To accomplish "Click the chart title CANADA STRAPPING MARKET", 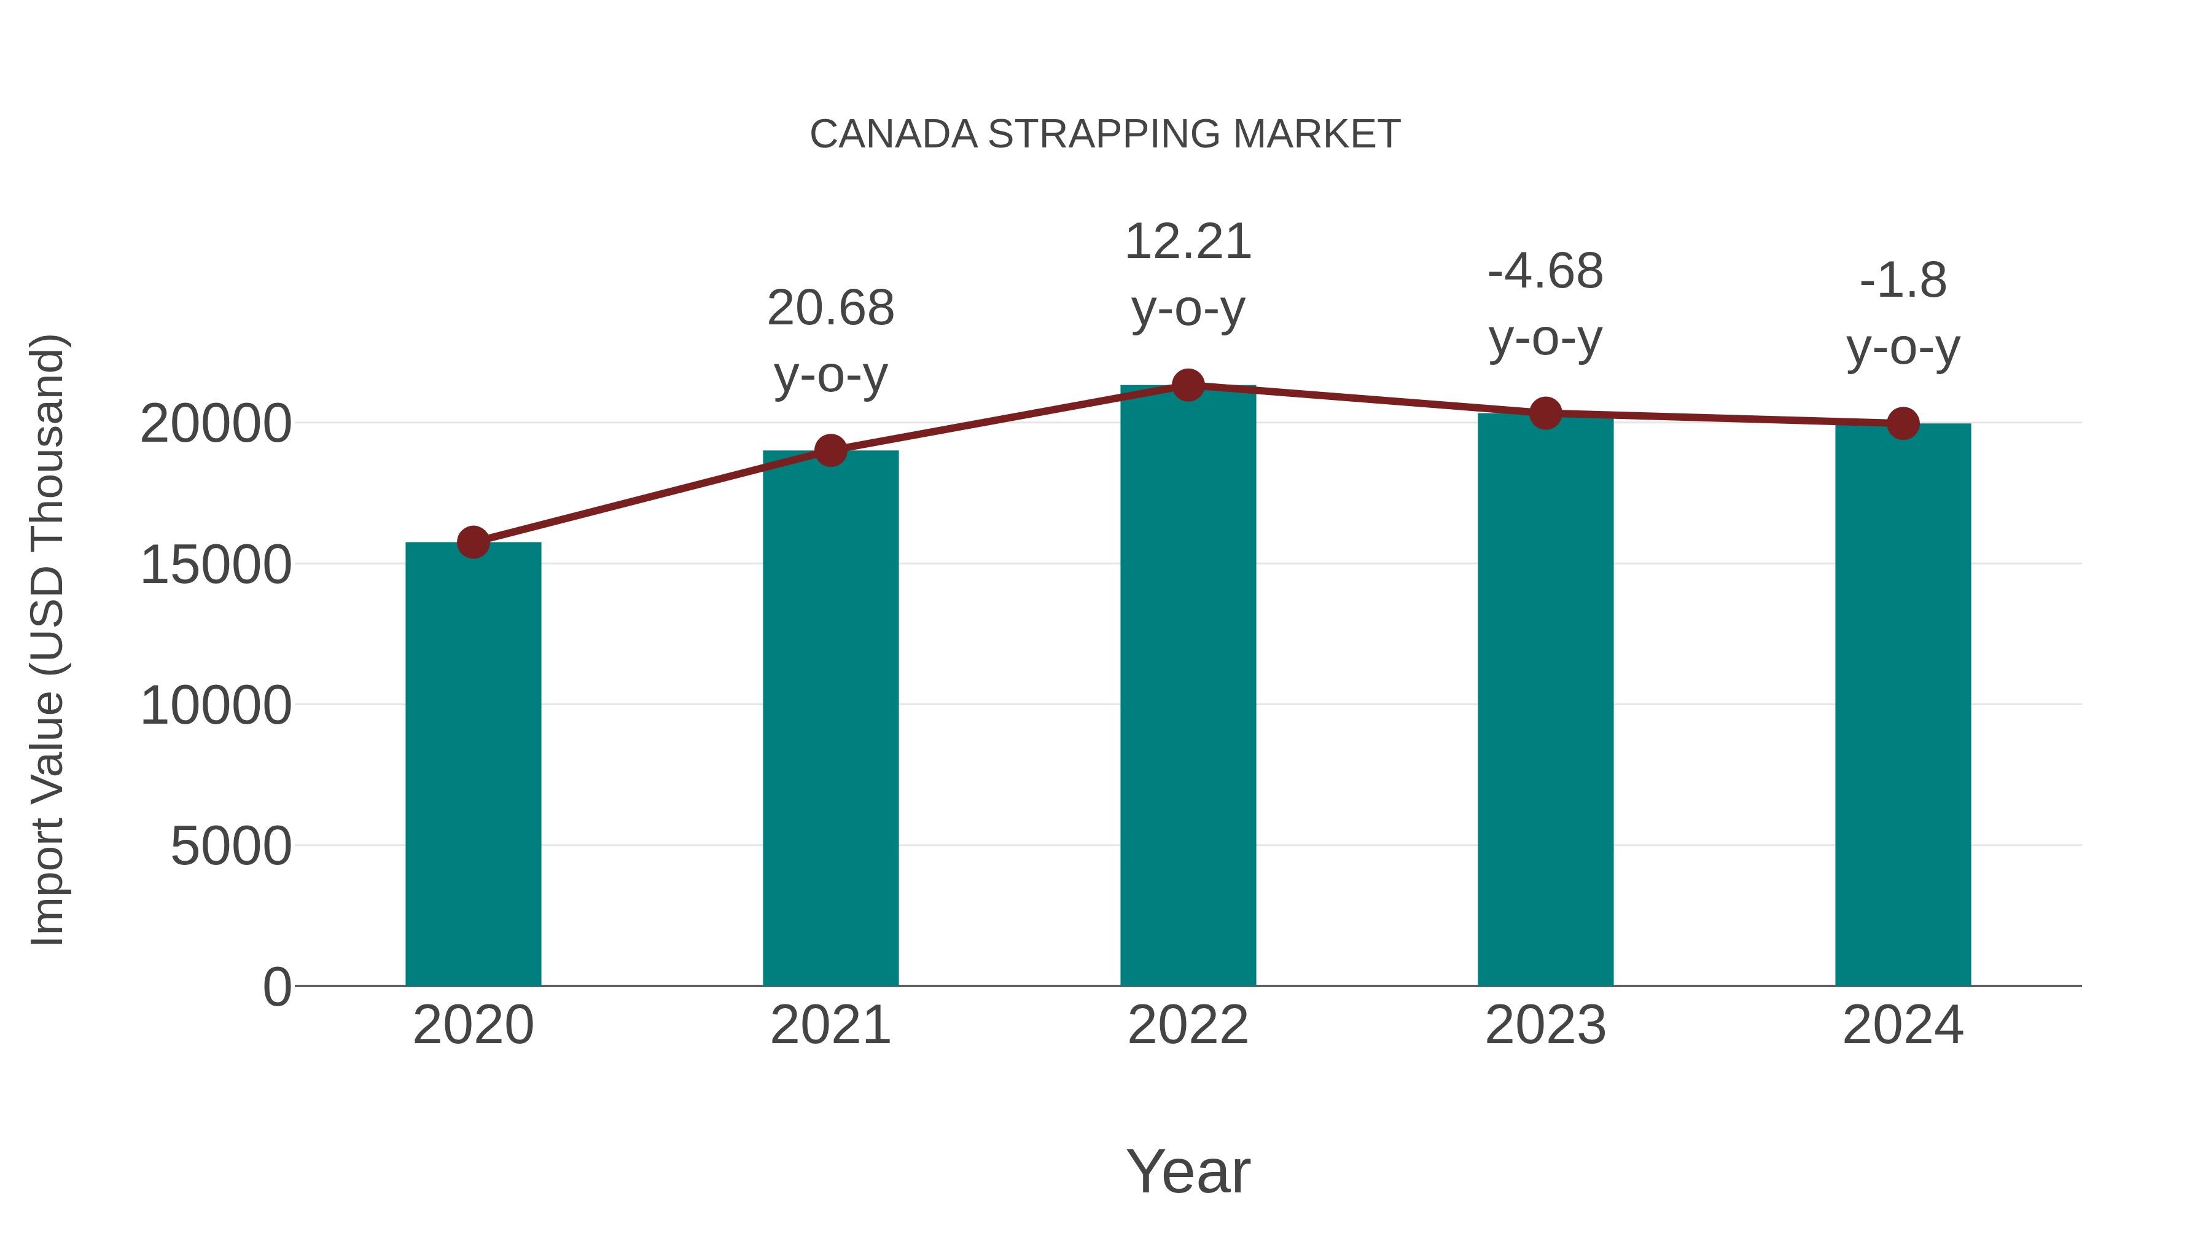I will (x=1105, y=135).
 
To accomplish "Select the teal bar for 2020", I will (x=473, y=764).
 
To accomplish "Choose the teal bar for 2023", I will (x=1545, y=700).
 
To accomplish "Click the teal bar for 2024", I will (x=1903, y=704).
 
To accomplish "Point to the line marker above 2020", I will (x=473, y=542).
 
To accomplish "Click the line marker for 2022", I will (x=1188, y=385).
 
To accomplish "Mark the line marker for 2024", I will (x=1903, y=423).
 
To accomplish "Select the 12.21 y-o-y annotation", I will (x=1188, y=275).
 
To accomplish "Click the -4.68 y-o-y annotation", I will (x=1545, y=305).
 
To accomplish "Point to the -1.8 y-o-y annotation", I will (x=1903, y=313).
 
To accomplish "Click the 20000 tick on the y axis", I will (x=216, y=424).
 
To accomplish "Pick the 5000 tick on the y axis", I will (x=231, y=847).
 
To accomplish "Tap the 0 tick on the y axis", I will (x=277, y=987).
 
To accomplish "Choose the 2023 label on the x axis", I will (x=1545, y=1026).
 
